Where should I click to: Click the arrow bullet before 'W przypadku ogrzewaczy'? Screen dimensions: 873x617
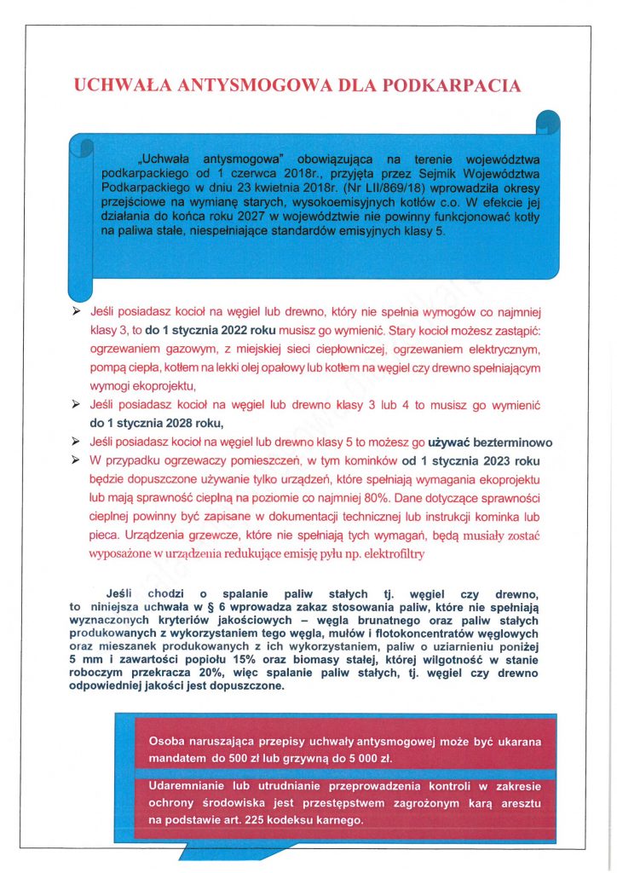tap(77, 460)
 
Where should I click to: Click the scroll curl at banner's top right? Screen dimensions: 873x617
tap(549, 124)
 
